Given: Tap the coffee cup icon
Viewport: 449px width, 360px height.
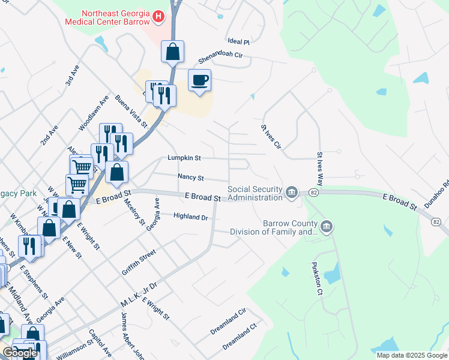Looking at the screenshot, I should [x=200, y=80].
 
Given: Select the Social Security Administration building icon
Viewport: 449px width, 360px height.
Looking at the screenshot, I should [x=292, y=192].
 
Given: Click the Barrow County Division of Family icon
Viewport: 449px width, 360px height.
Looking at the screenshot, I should [x=326, y=226].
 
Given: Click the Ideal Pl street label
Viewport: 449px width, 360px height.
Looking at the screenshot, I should [x=238, y=41].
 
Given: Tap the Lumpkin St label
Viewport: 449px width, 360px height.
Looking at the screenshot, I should [x=184, y=158].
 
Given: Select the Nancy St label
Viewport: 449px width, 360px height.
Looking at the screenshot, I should [x=191, y=178].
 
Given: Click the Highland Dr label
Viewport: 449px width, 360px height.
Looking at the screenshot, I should [x=190, y=216].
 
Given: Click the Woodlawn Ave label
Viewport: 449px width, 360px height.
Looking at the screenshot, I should [x=94, y=113].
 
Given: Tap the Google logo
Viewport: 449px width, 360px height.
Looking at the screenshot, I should [x=20, y=353].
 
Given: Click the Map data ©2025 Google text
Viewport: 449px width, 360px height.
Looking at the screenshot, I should [x=412, y=355].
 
